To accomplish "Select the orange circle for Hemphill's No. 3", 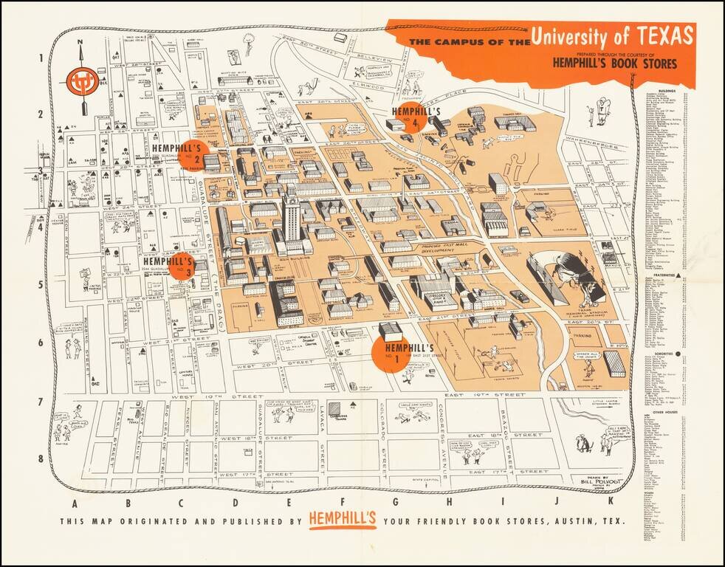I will coord(182,266).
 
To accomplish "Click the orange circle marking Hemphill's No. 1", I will coord(391,353).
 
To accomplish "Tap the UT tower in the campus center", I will coord(291,214).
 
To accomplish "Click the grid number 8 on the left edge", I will coord(40,458).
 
